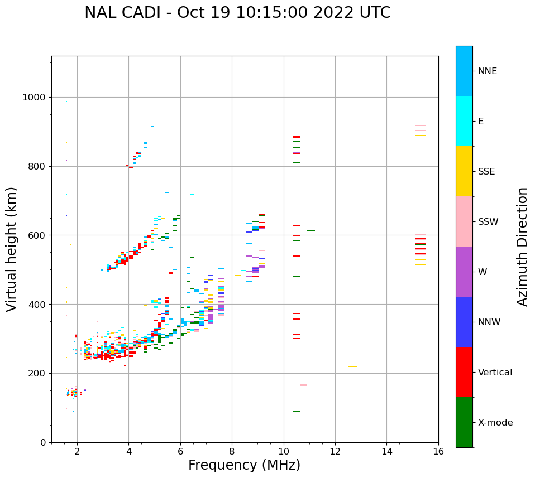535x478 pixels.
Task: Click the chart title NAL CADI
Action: [x=237, y=13]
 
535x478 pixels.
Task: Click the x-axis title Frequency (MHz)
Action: [x=244, y=465]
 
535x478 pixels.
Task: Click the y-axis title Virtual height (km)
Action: [x=12, y=249]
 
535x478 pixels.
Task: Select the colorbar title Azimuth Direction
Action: [x=522, y=247]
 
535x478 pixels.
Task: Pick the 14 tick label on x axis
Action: [x=386, y=451]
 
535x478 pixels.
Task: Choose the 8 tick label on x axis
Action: [x=232, y=451]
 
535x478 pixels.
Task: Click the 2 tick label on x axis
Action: [x=77, y=451]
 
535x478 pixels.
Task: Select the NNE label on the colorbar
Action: [x=487, y=71]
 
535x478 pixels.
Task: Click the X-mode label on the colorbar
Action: [x=495, y=423]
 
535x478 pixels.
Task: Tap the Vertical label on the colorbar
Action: [x=495, y=373]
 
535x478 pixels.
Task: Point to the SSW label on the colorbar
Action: [x=488, y=222]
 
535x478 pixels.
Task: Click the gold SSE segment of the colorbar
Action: [x=464, y=171]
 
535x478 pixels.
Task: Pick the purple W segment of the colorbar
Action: [x=464, y=272]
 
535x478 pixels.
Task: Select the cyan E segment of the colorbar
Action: [x=464, y=121]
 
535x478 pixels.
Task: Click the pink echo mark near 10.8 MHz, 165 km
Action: [x=303, y=385]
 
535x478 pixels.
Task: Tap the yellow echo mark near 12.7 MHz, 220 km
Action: [x=352, y=366]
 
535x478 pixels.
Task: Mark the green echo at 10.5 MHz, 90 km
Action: [x=296, y=411]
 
